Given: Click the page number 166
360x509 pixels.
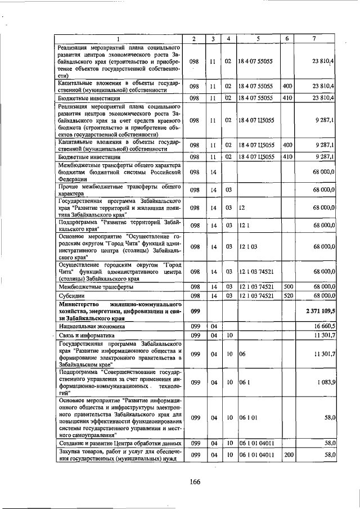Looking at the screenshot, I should pyautogui.click(x=195, y=481).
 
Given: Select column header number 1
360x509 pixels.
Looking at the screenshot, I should pyautogui.click(x=119, y=38).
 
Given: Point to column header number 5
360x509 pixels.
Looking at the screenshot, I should pyautogui.click(x=258, y=38).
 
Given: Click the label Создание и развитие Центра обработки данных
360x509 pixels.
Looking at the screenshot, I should pyautogui.click(x=120, y=443).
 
